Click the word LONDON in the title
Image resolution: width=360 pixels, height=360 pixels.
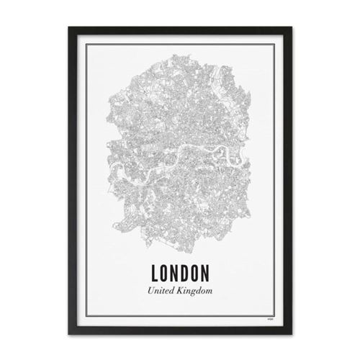[180, 274]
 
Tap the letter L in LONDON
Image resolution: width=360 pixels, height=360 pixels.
[156, 274]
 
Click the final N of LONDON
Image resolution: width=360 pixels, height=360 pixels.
[204, 274]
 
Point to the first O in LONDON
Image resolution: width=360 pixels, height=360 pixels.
[165, 274]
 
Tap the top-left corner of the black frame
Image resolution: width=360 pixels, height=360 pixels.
[70, 27]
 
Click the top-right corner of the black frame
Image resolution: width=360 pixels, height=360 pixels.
[290, 27]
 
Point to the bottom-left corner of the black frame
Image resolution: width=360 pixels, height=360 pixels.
[70, 332]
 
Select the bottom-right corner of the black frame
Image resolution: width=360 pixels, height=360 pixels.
[290, 332]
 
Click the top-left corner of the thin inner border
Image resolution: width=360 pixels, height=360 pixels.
[86, 45]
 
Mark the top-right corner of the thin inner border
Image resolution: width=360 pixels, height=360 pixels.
[274, 45]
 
